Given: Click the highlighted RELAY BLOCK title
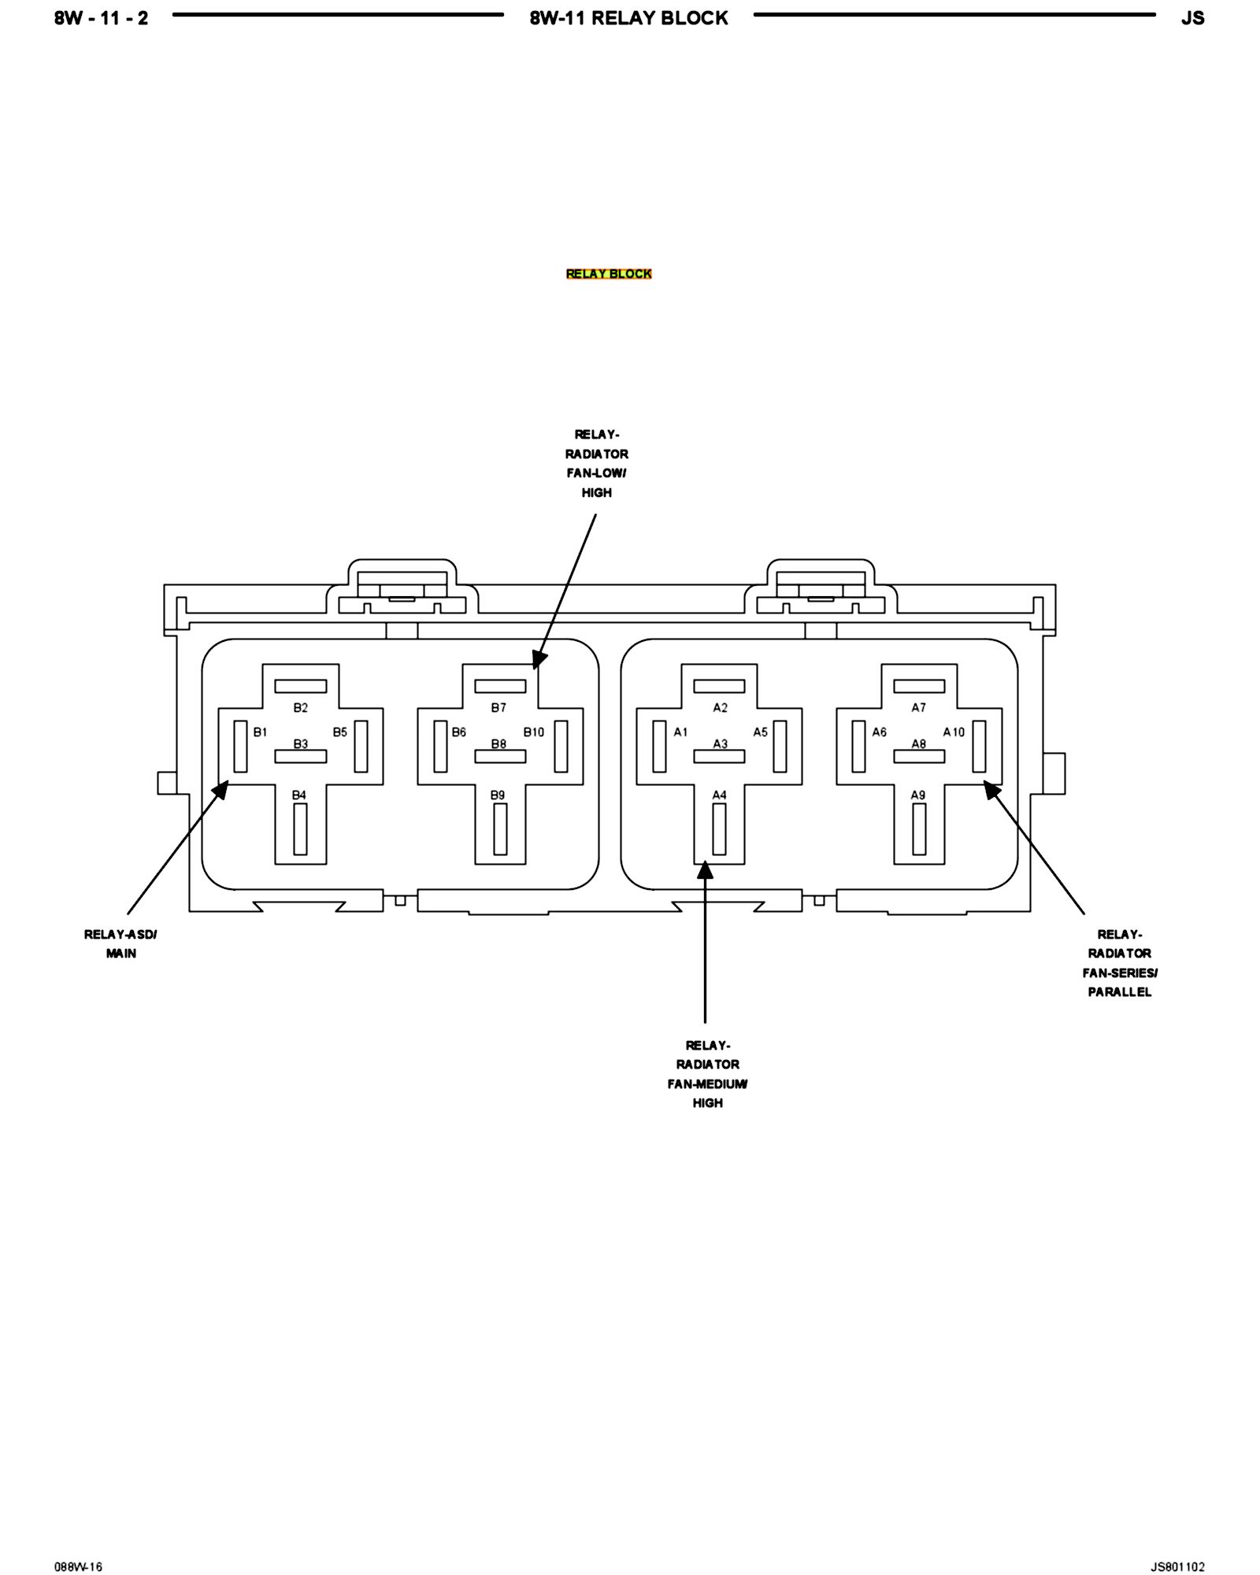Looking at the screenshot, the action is click(609, 274).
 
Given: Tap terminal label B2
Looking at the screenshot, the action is click(301, 708).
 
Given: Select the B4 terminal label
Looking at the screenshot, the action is click(299, 795).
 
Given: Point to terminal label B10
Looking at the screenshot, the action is click(534, 732).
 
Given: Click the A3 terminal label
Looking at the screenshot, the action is click(721, 743).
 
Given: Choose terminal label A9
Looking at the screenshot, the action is click(918, 795).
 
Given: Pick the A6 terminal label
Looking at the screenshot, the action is click(880, 732).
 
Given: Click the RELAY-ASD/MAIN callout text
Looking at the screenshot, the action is click(121, 943).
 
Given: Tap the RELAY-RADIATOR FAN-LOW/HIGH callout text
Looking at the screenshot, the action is click(597, 463).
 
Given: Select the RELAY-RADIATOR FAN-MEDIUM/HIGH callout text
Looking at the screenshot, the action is click(707, 1074).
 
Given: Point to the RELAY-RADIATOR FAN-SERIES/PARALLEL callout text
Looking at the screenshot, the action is click(1120, 963).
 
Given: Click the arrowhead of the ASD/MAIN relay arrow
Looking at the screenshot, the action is click(223, 787).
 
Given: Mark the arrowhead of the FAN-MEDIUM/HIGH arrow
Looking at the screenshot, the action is click(706, 869).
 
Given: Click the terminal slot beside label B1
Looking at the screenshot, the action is click(241, 747).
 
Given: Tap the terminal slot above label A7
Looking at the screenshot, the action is click(919, 687).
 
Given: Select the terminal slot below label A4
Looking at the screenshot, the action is click(719, 829).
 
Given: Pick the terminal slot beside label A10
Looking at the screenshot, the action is click(980, 747).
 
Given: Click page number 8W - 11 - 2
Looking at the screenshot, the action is click(102, 18).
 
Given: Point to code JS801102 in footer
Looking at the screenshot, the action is click(1177, 1545).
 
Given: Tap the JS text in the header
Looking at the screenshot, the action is click(1192, 18).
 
